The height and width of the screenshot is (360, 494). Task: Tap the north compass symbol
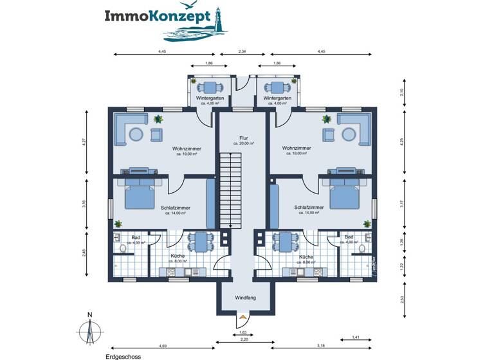(x=90, y=329)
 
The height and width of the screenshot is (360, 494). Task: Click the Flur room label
(x=243, y=138)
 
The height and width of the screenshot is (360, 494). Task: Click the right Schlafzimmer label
(x=308, y=208)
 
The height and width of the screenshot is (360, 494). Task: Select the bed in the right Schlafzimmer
(x=346, y=195)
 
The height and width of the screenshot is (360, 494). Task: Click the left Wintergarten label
(x=210, y=98)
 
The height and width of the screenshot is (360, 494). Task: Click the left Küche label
(x=178, y=256)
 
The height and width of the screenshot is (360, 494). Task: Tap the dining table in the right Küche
(x=286, y=242)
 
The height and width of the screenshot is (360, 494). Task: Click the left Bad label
(x=136, y=237)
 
